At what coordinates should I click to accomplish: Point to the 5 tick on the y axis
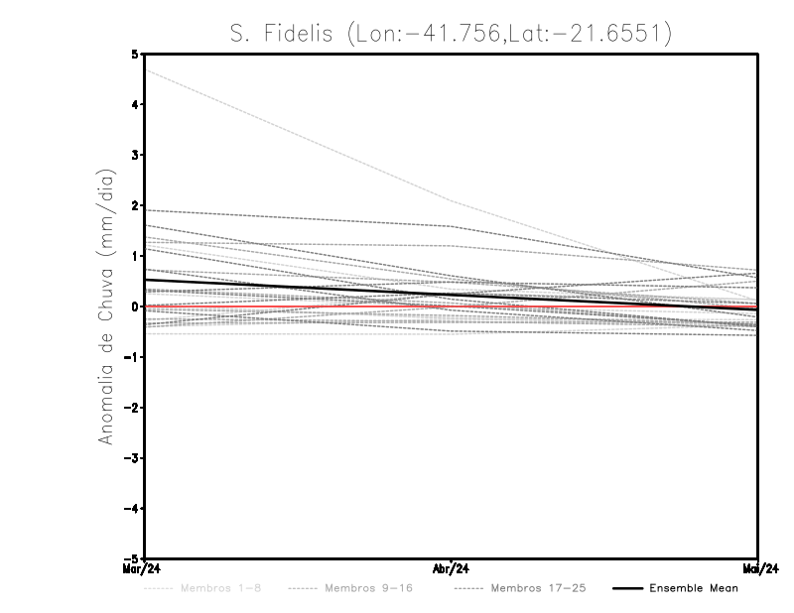coord(135,54)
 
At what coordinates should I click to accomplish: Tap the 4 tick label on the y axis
coord(135,104)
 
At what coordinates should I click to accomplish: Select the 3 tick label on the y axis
coord(135,155)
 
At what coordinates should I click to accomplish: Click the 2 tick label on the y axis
coord(135,205)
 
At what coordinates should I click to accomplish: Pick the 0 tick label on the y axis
coord(135,306)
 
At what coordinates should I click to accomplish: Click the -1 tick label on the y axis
coord(132,357)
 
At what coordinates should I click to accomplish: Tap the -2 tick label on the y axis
coord(132,408)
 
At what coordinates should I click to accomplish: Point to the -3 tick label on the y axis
coord(132,458)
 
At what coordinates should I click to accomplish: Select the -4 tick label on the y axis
coord(132,509)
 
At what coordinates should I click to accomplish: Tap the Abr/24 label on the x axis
coord(453,569)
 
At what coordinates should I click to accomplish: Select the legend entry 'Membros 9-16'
coord(367,589)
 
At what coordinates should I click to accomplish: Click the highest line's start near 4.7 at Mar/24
coord(146,69)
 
